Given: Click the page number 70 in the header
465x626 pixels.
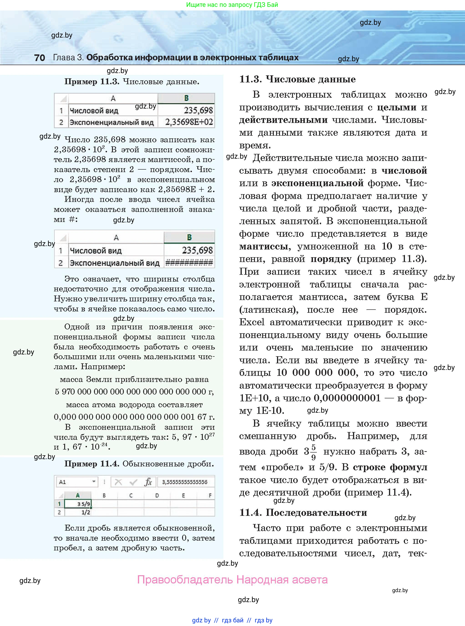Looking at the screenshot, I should (39, 58).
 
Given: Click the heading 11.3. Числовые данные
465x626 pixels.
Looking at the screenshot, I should (297, 79).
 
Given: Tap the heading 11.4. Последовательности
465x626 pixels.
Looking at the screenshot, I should (303, 513).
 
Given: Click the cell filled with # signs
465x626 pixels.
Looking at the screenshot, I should (189, 263).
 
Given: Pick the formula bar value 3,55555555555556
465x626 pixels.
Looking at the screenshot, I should (185, 482).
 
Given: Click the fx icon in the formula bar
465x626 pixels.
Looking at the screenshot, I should (148, 482).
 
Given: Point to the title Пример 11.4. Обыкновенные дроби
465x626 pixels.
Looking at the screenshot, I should (139, 464).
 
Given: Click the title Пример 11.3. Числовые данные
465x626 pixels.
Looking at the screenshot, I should (132, 82).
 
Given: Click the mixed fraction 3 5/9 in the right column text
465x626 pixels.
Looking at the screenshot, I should (310, 451).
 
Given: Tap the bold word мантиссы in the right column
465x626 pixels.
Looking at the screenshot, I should (264, 246).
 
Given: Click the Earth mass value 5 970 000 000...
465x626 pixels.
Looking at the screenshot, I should (134, 392).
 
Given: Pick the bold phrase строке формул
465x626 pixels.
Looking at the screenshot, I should (390, 467).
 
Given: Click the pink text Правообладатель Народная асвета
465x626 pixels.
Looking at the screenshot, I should (232, 580).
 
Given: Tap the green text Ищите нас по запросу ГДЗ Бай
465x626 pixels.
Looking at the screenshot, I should (232, 5).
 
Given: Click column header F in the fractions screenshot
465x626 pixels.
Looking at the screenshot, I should (210, 495).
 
